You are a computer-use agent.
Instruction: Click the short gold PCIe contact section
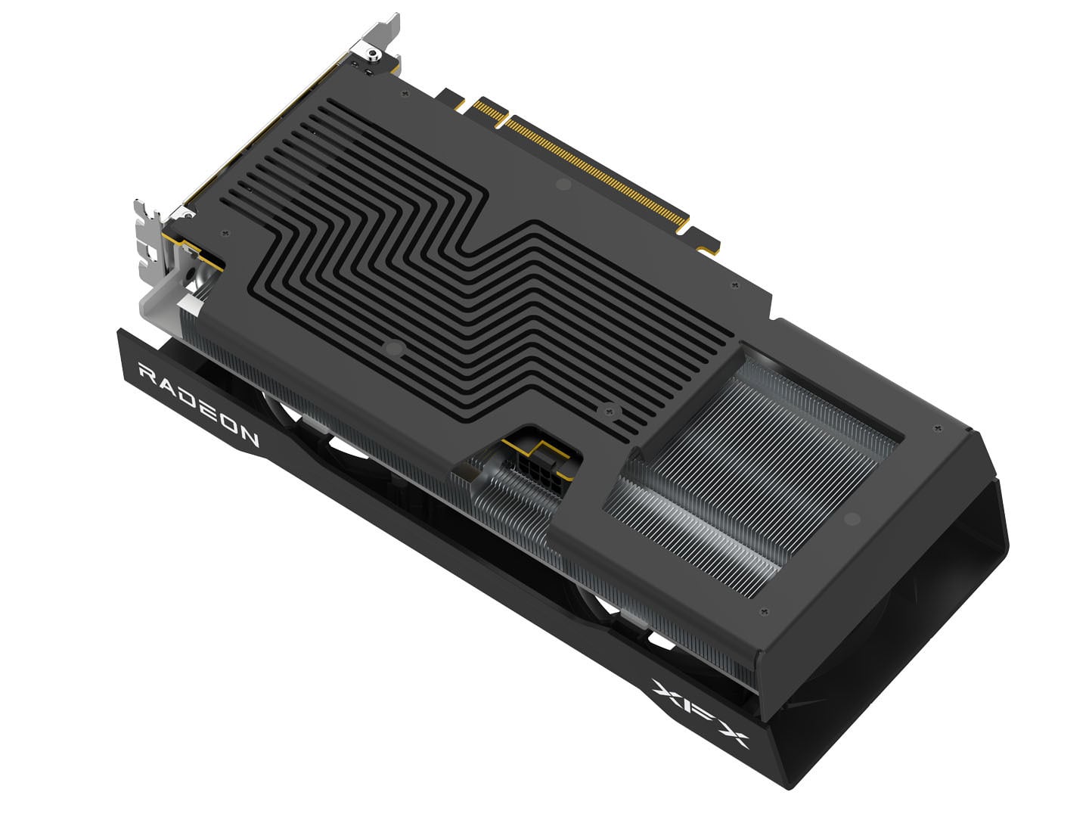tap(489, 112)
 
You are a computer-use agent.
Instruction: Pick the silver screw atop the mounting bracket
tap(373, 54)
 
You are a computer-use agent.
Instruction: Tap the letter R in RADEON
tap(148, 373)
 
